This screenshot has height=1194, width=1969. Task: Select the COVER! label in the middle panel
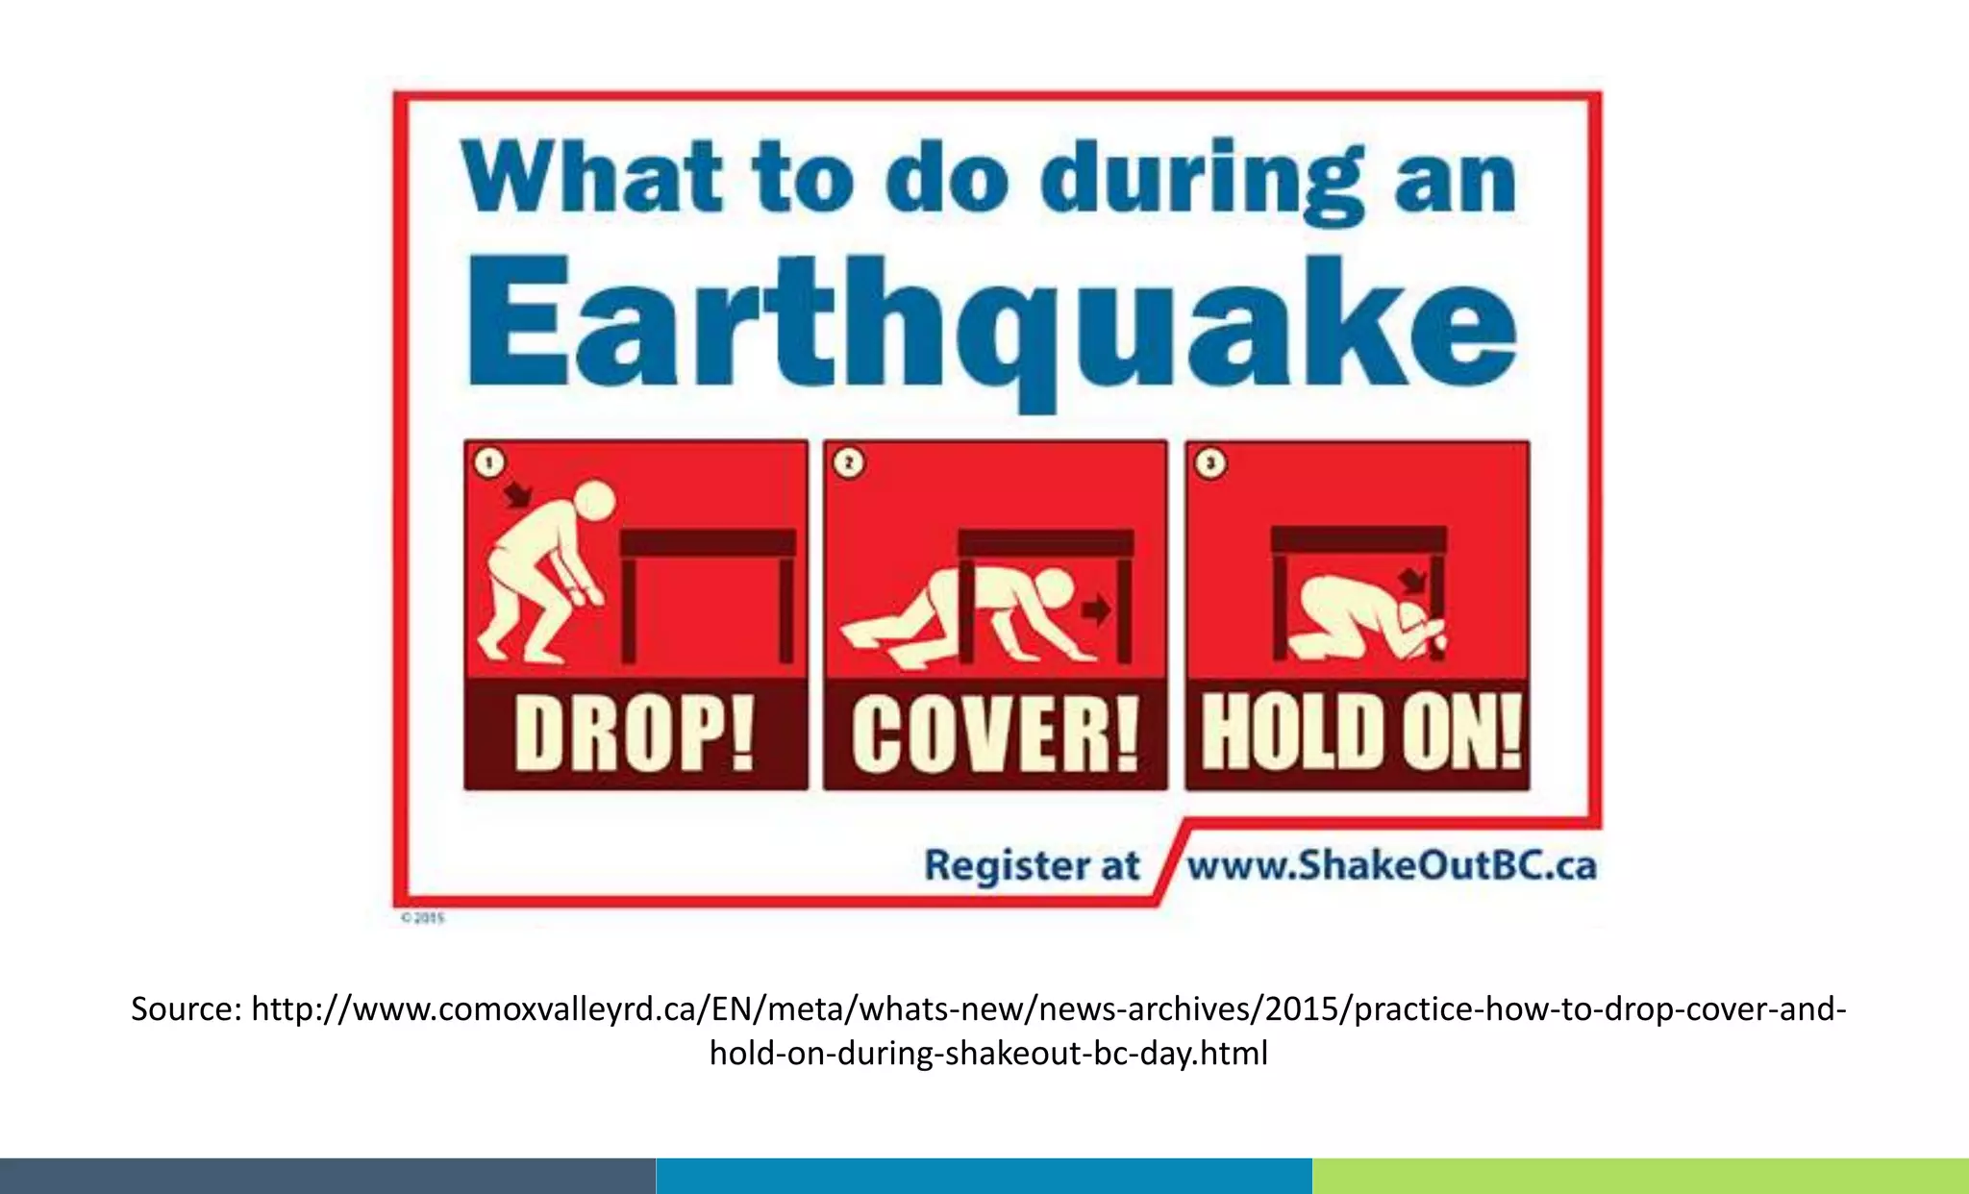pyautogui.click(x=995, y=735)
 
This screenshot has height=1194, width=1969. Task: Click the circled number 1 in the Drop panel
pyautogui.click(x=489, y=463)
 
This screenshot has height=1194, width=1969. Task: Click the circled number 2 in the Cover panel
pyautogui.click(x=849, y=463)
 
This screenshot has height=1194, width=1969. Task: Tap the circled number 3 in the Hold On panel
pyautogui.click(x=1210, y=463)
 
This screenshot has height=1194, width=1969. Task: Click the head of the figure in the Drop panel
pyautogui.click(x=592, y=502)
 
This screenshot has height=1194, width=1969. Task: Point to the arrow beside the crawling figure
pyautogui.click(x=1095, y=609)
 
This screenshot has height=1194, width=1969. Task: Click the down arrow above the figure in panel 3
pyautogui.click(x=1412, y=581)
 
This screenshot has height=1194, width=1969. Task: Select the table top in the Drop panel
pyautogui.click(x=708, y=543)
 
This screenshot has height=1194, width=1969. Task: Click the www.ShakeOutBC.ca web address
pyautogui.click(x=1391, y=865)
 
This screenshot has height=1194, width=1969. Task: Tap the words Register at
pyautogui.click(x=1032, y=865)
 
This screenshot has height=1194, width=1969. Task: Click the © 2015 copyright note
pyautogui.click(x=423, y=918)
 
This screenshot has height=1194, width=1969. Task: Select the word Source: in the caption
pyautogui.click(x=187, y=1009)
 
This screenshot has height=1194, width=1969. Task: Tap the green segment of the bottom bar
pyautogui.click(x=1640, y=1176)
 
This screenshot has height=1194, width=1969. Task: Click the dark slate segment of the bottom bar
pyautogui.click(x=327, y=1176)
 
